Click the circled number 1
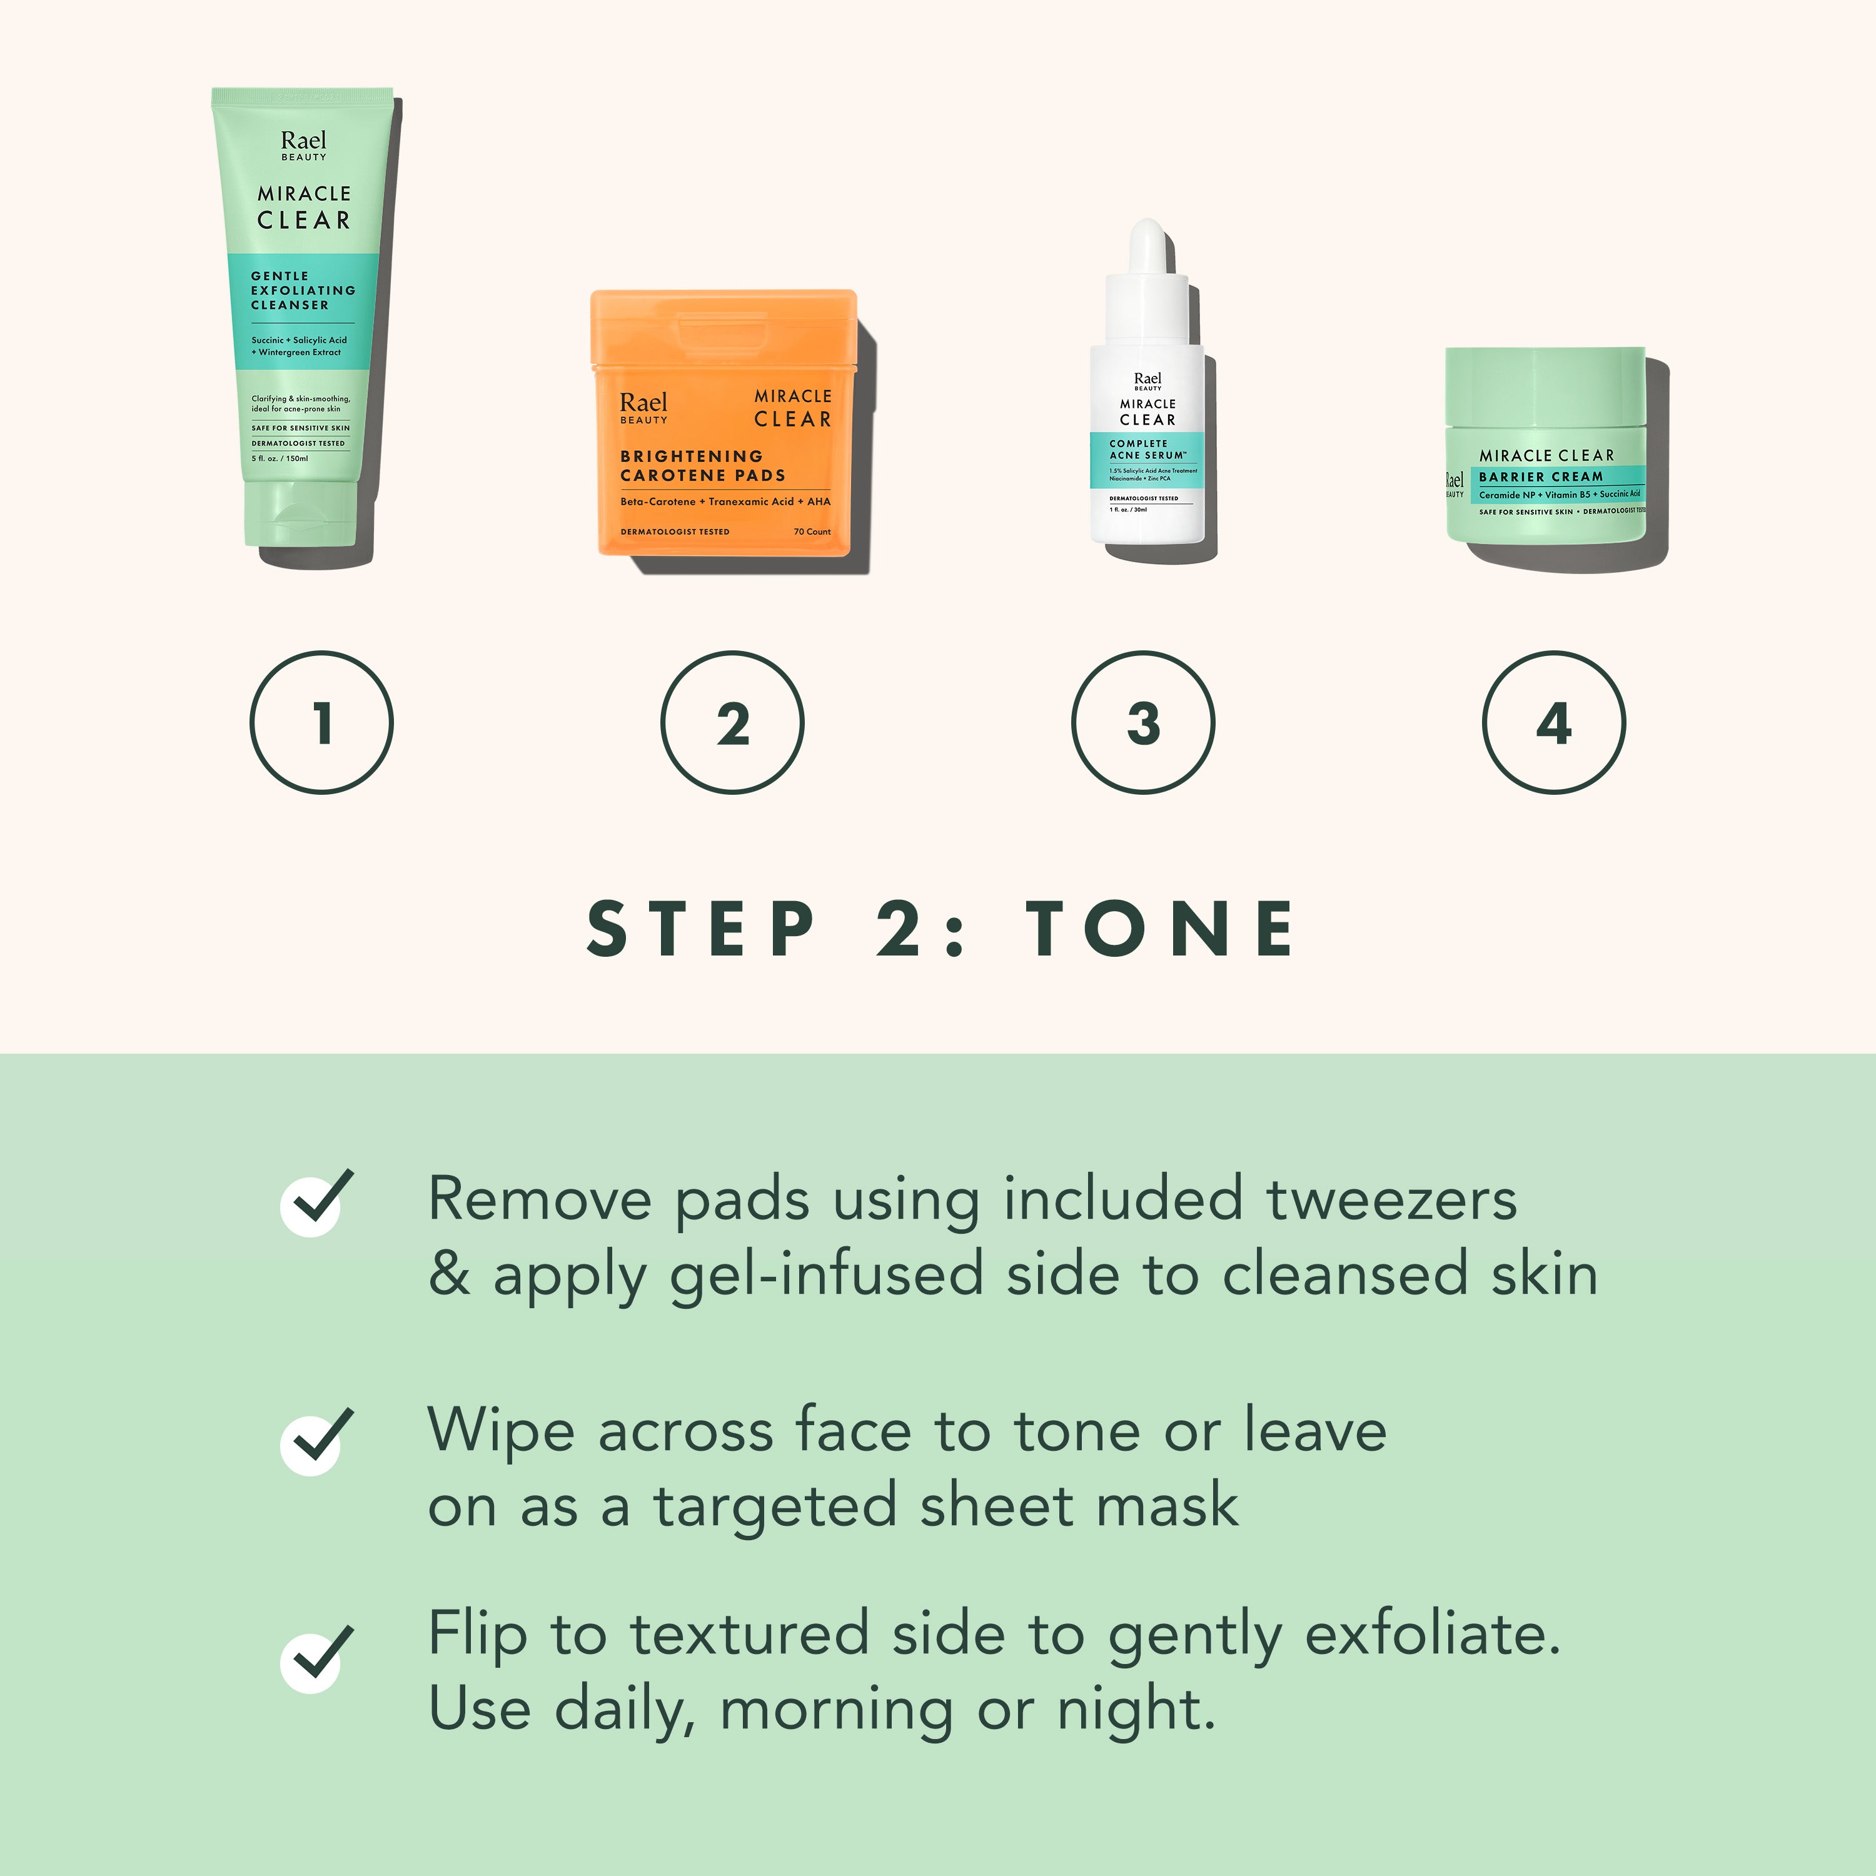coord(321,722)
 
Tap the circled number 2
coord(732,722)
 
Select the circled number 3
coord(1143,722)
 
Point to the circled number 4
coord(1553,722)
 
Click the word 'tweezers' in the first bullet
coord(1391,1200)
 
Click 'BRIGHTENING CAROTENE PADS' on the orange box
coord(702,465)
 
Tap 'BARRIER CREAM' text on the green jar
coord(1540,477)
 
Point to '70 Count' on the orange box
coord(812,531)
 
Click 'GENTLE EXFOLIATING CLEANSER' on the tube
coord(302,290)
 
